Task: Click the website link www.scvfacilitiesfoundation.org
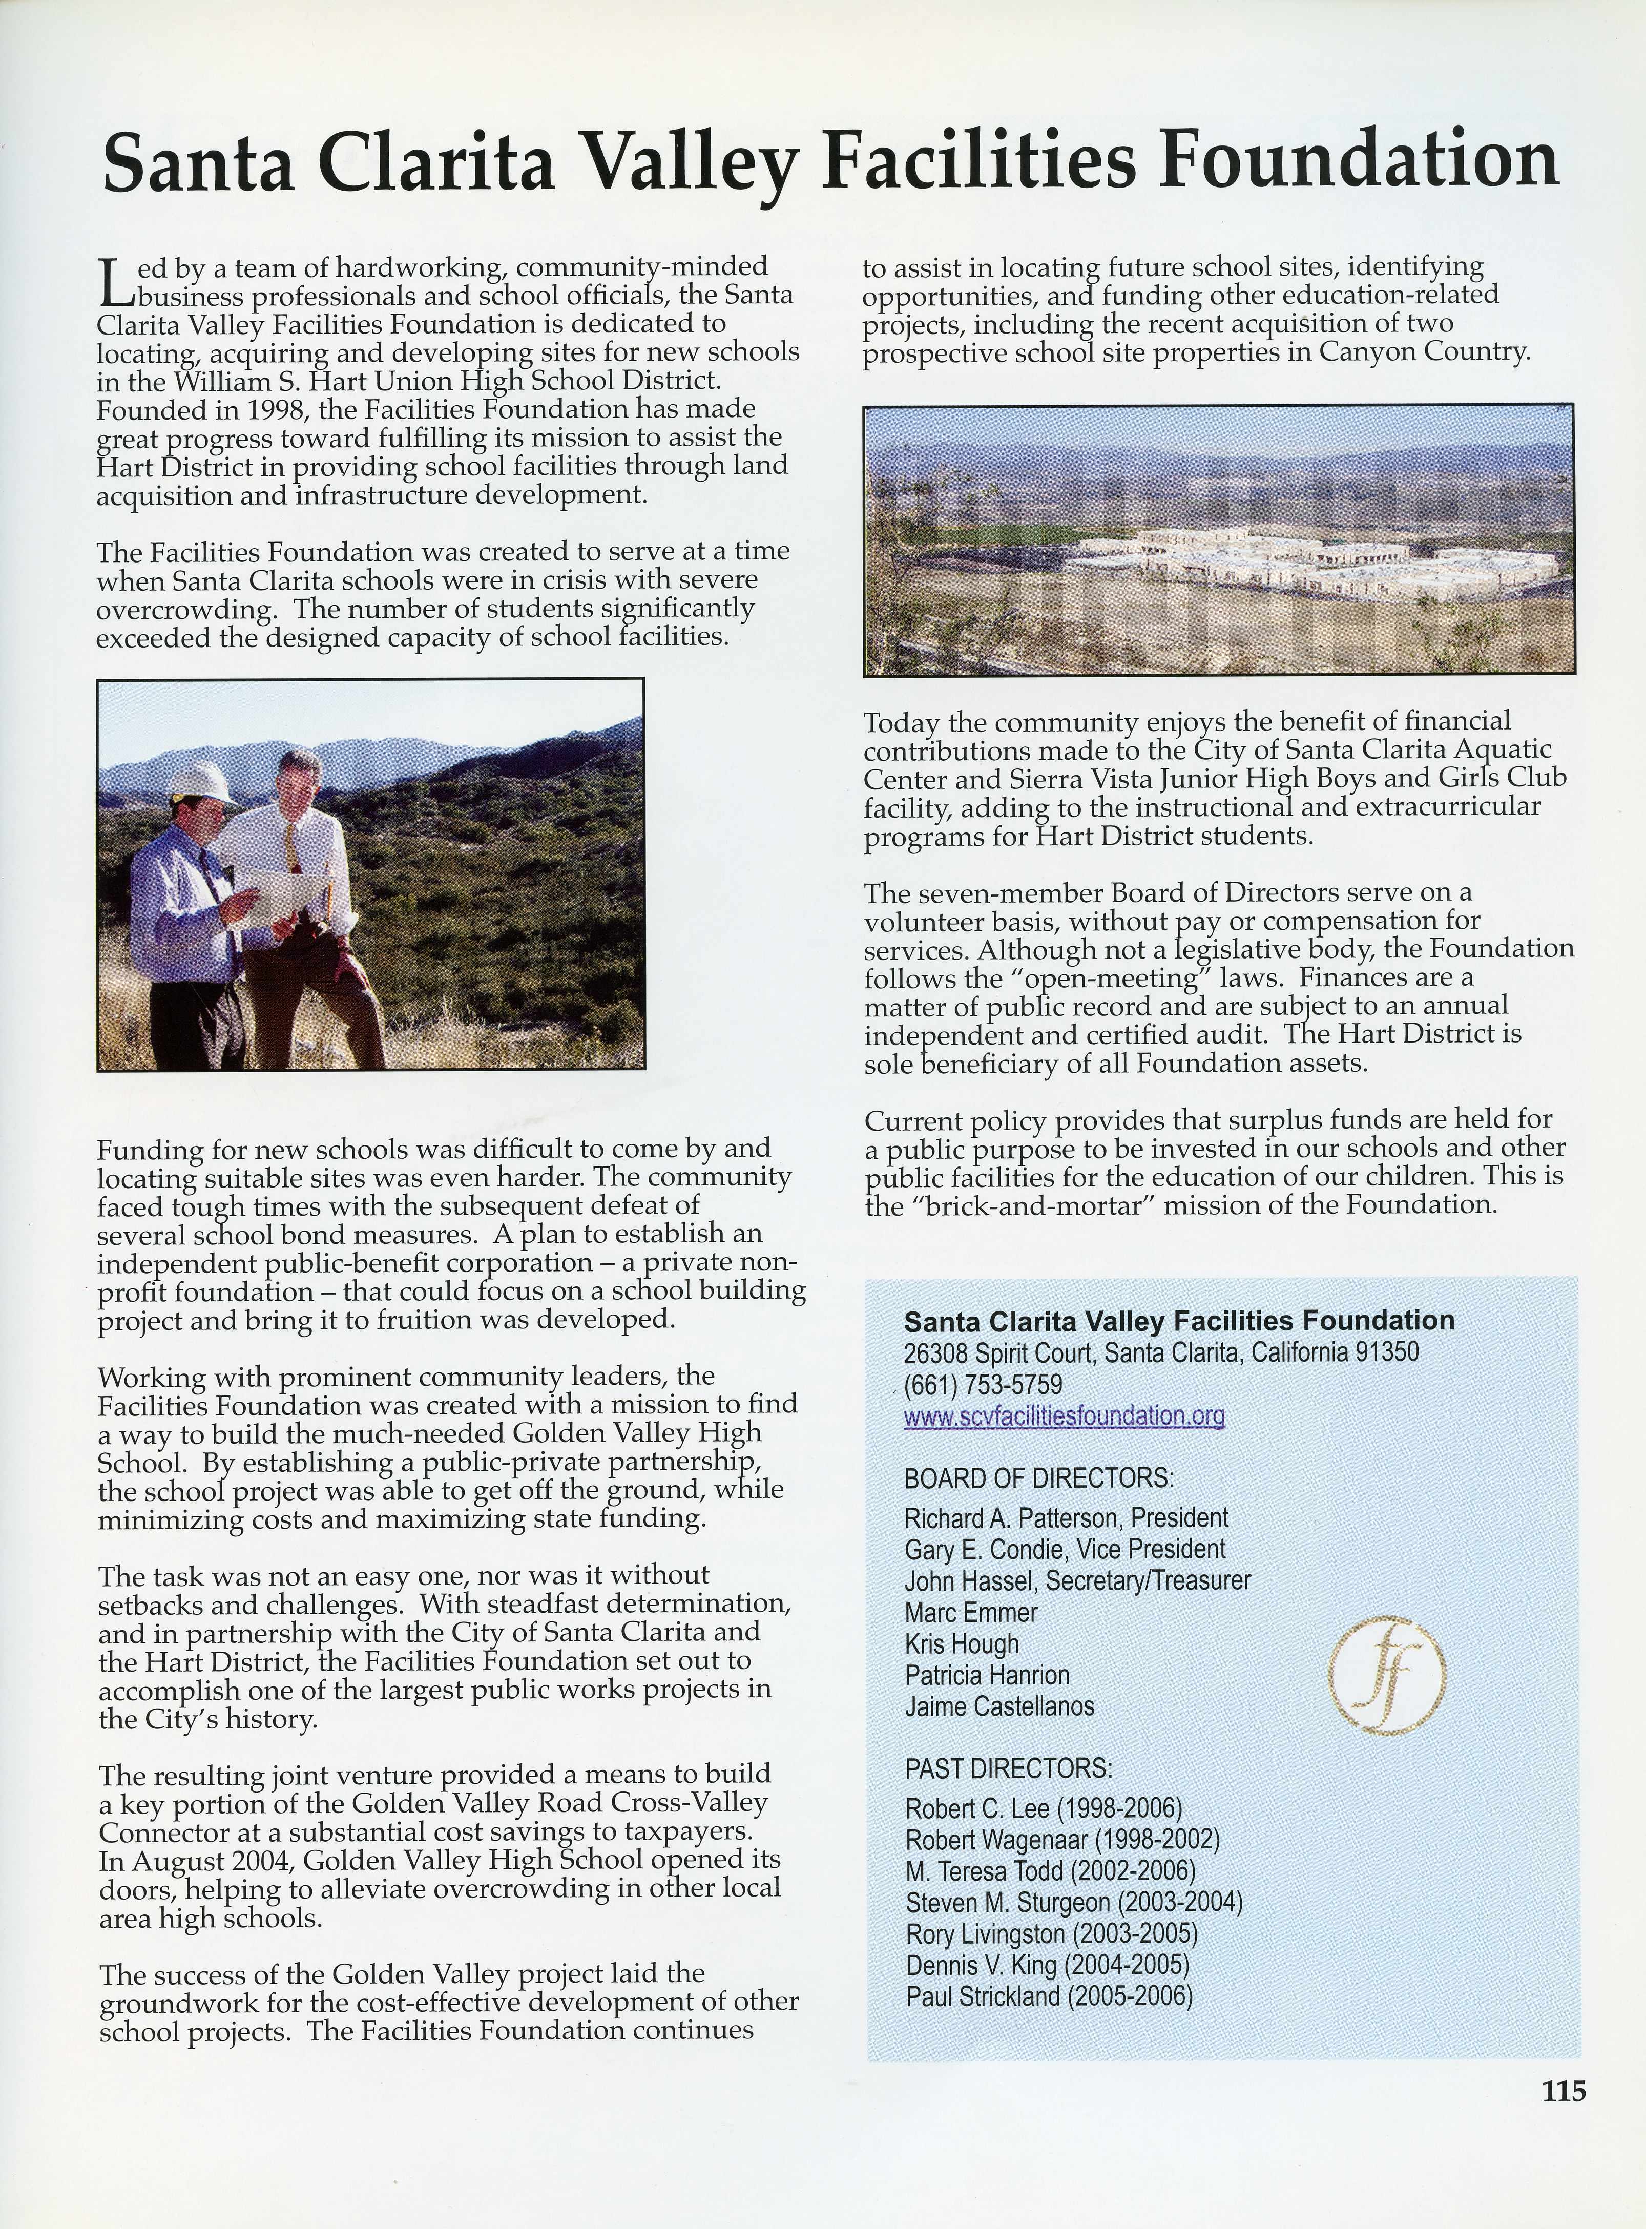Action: coord(1064,1416)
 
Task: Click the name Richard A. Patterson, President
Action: coord(1066,1517)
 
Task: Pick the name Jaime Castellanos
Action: coord(999,1706)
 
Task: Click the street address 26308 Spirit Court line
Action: coord(1161,1352)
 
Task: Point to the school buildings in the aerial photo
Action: coord(1315,563)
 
